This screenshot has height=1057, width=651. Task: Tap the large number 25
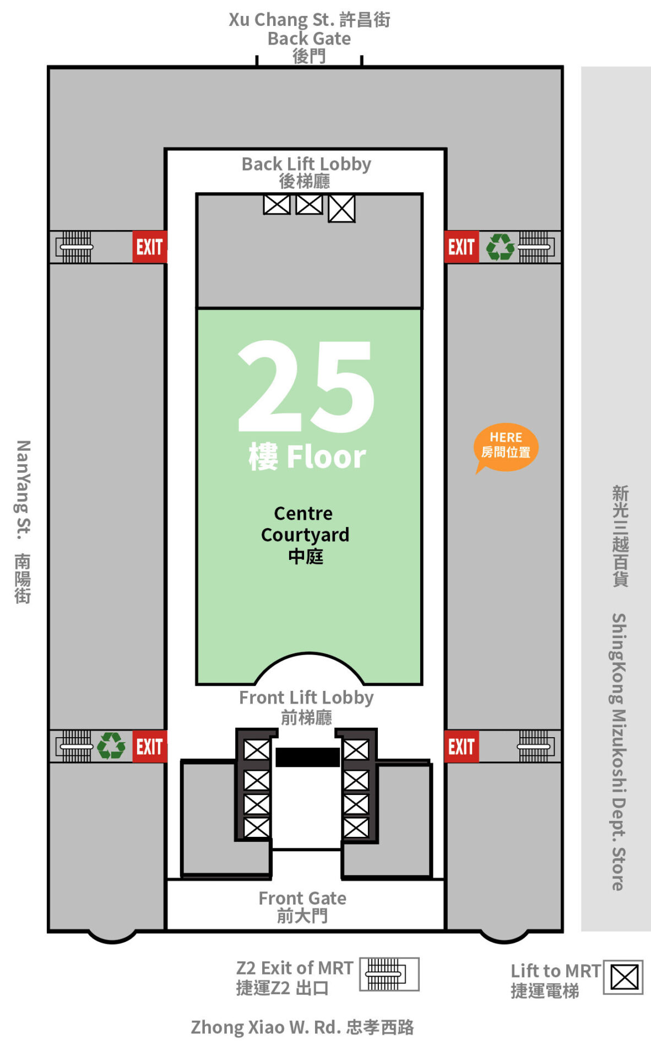[x=306, y=386]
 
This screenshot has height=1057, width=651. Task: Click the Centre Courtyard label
[x=305, y=535]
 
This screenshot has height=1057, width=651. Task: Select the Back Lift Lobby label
[x=306, y=172]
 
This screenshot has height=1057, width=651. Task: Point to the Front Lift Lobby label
[x=306, y=707]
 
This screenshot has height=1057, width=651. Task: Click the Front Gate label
[x=302, y=907]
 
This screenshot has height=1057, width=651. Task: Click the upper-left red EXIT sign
[x=149, y=247]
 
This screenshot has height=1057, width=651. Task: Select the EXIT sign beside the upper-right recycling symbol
[x=462, y=247]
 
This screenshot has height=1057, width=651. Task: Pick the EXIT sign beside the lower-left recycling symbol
[x=149, y=747]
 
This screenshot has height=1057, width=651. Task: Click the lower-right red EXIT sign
[x=462, y=747]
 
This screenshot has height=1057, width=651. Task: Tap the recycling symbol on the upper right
[x=500, y=247]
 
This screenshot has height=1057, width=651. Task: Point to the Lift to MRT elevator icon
[x=623, y=978]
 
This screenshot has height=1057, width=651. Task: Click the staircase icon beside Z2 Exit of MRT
[x=389, y=974]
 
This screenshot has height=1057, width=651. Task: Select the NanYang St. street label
[x=23, y=521]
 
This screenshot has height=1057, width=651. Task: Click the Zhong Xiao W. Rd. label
[x=302, y=1027]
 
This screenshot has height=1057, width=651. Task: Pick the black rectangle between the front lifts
[x=307, y=757]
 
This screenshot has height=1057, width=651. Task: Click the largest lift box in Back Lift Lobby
[x=341, y=209]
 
